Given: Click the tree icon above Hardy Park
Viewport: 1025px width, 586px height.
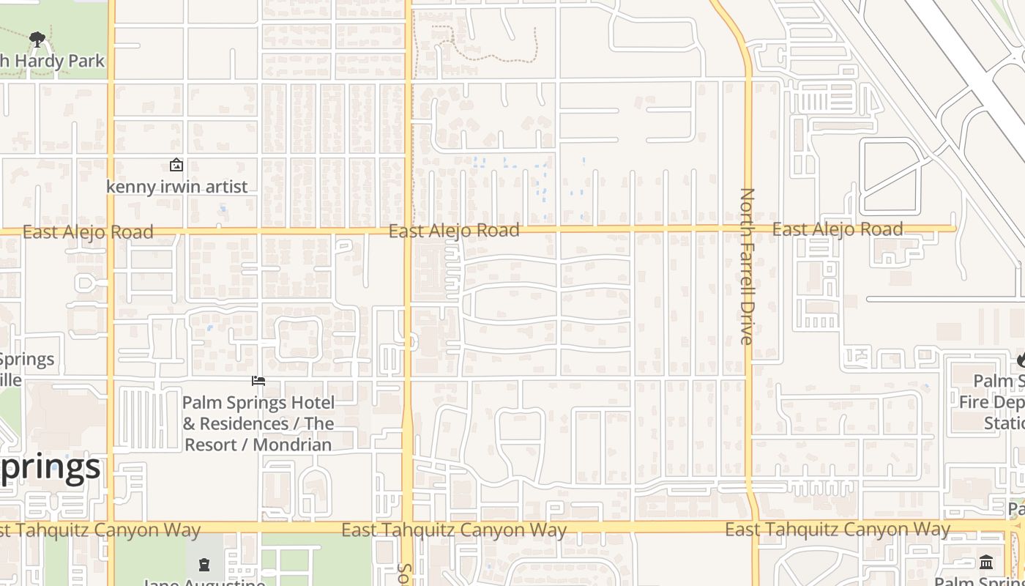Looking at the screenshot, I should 37,40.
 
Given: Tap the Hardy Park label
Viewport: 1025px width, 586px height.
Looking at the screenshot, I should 53,62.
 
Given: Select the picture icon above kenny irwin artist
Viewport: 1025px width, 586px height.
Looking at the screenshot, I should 176,166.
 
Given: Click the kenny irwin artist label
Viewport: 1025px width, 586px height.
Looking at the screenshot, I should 177,187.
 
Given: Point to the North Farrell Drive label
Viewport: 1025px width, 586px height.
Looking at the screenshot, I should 747,266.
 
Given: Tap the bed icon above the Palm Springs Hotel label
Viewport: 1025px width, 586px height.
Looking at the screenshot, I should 258,381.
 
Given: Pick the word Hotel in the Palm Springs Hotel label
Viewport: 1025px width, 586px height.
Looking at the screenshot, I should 310,403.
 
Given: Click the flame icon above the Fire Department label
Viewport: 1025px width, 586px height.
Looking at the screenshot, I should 1021,360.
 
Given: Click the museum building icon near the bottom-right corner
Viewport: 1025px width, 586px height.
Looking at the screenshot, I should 986,563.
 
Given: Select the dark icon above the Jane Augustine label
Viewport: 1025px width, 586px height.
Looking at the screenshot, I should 204,564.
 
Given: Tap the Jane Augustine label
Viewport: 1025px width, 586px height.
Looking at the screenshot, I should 204,582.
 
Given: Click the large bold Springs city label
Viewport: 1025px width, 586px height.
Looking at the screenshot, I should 50,467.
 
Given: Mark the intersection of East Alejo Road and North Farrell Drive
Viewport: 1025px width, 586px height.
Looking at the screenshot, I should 748,229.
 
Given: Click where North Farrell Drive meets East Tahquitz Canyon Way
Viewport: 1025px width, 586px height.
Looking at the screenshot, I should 753,527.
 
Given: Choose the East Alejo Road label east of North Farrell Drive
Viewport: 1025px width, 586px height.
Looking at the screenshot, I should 838,229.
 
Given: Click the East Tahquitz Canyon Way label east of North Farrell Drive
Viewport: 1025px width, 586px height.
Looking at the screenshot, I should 838,529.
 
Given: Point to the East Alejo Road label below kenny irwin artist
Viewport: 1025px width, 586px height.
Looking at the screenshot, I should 88,232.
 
